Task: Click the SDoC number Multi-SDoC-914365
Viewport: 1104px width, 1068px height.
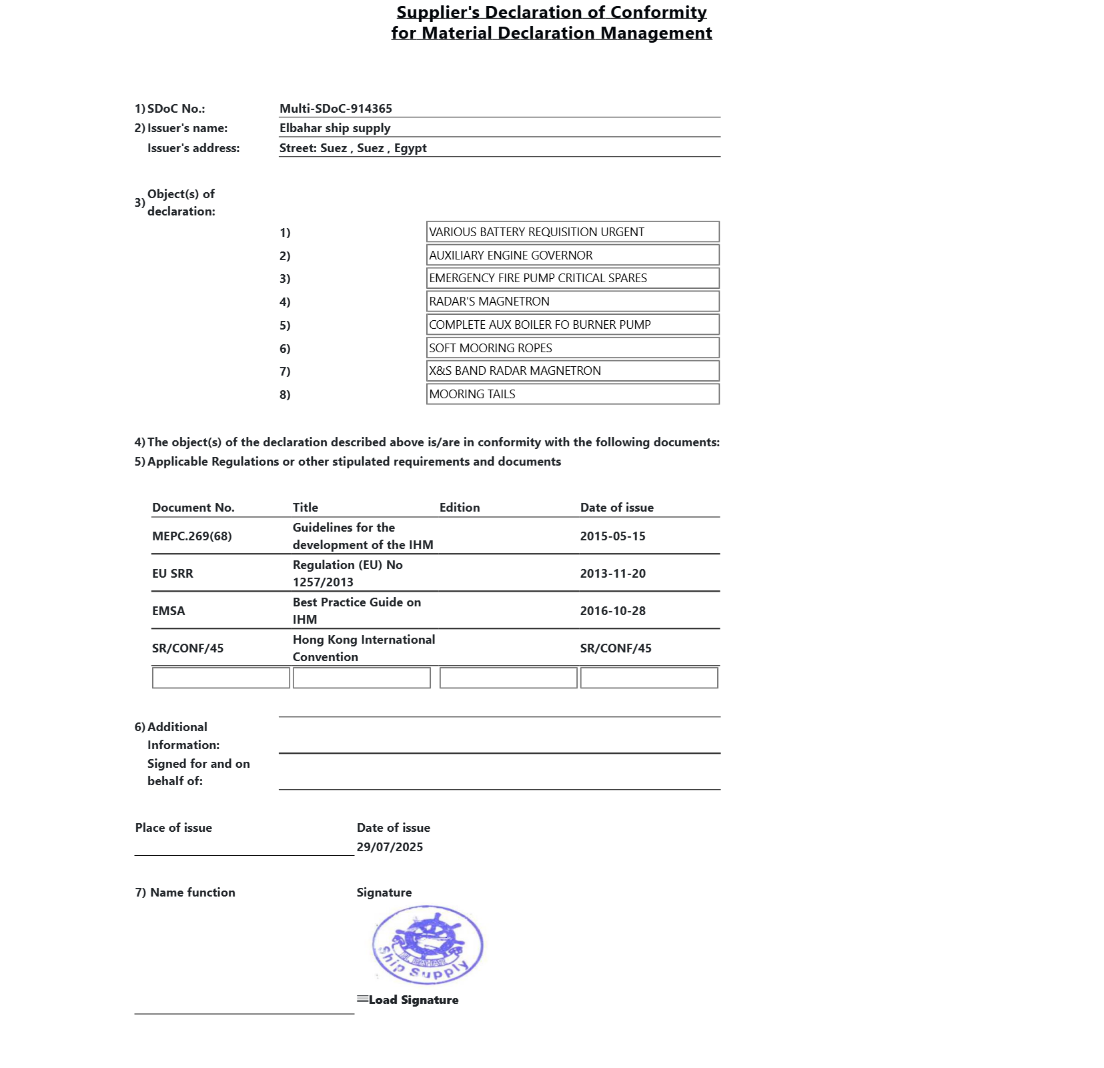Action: click(x=336, y=109)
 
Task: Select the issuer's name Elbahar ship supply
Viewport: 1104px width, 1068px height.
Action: click(x=335, y=128)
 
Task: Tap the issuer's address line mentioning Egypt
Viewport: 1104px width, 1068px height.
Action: click(x=353, y=148)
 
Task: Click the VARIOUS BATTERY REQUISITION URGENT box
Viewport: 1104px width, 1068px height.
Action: click(x=572, y=232)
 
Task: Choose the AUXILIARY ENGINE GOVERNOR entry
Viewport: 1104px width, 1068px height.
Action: click(x=572, y=255)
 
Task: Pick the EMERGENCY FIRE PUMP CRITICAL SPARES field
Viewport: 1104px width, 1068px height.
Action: click(x=572, y=278)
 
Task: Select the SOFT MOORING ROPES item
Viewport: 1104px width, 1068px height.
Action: click(x=572, y=348)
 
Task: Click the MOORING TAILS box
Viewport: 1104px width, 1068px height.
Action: click(x=572, y=394)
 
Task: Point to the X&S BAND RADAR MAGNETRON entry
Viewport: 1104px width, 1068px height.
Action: click(x=572, y=371)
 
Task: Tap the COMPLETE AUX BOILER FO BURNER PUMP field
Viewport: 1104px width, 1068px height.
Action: click(x=572, y=325)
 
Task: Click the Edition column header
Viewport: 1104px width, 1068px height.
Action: click(x=460, y=508)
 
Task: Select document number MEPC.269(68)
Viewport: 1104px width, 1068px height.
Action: click(x=192, y=536)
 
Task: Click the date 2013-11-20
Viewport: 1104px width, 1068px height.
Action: click(x=612, y=574)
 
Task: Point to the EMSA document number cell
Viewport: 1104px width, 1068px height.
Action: click(x=169, y=611)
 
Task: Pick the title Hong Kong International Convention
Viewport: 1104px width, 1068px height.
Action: click(x=364, y=648)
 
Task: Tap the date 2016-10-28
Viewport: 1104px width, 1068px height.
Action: click(x=612, y=611)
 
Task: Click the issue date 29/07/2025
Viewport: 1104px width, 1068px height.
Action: click(x=390, y=847)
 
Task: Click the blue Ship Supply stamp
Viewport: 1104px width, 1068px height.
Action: click(x=428, y=945)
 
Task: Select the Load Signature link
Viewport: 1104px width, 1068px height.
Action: click(x=413, y=1000)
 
